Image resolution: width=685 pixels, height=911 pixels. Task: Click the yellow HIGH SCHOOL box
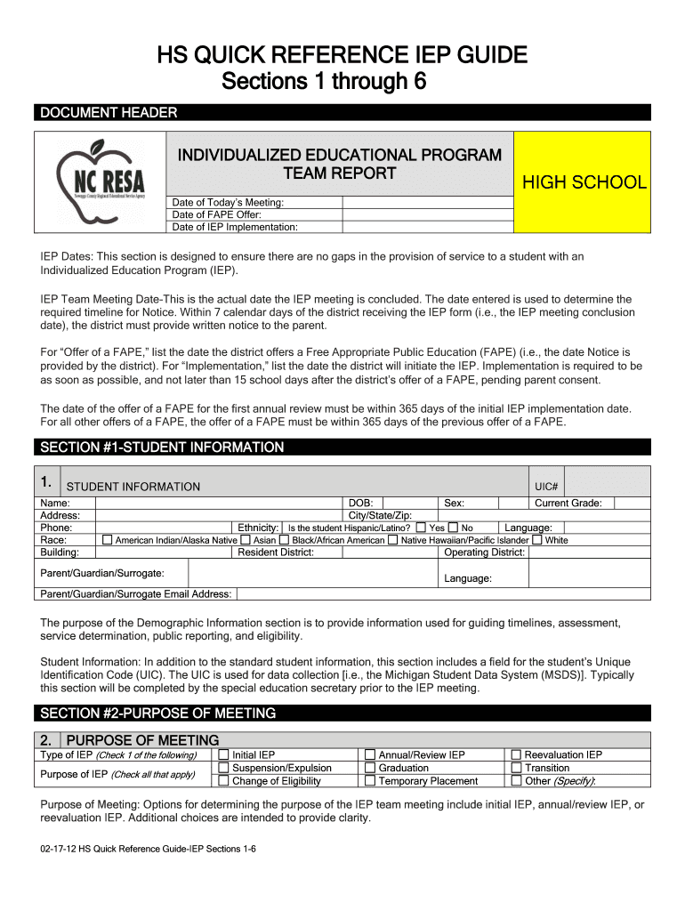point(584,182)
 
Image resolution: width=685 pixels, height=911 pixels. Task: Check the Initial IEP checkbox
point(223,755)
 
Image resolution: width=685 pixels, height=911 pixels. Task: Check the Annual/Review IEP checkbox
point(370,755)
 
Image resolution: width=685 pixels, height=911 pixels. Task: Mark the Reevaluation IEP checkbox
point(516,755)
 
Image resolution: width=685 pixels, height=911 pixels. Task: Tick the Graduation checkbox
point(370,768)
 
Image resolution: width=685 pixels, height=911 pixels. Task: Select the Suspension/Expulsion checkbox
point(223,768)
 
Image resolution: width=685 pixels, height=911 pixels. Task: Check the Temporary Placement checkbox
point(370,781)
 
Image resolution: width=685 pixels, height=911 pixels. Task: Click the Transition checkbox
point(516,768)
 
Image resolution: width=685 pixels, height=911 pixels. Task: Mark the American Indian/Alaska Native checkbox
point(108,540)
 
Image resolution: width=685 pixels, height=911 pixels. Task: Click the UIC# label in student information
point(545,487)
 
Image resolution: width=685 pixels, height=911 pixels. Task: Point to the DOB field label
point(359,503)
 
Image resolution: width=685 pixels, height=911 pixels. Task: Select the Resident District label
point(276,552)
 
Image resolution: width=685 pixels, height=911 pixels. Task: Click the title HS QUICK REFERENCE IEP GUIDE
point(342,56)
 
